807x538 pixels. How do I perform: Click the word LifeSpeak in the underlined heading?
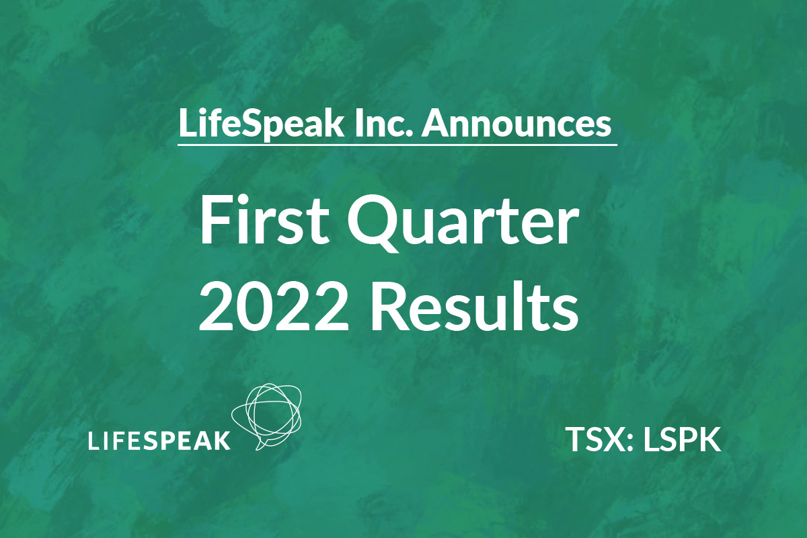[261, 124]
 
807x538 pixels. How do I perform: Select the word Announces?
[516, 124]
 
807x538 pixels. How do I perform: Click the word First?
[264, 221]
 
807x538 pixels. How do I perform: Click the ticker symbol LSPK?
[683, 439]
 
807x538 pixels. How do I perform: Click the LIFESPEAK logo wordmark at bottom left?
[159, 440]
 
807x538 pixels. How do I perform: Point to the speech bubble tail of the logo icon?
[260, 445]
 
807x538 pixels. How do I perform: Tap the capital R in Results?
[389, 307]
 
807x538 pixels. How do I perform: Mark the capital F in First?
[215, 221]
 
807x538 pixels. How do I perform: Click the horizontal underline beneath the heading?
[397, 145]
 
